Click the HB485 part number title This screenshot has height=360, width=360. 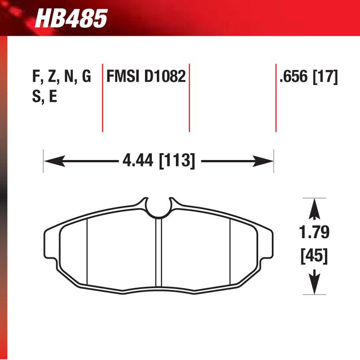tap(71, 19)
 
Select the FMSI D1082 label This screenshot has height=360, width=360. tap(146, 76)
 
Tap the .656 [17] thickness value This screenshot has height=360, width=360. tap(309, 77)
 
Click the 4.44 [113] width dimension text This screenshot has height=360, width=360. tap(158, 160)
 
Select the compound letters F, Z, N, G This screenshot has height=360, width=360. tap(61, 76)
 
